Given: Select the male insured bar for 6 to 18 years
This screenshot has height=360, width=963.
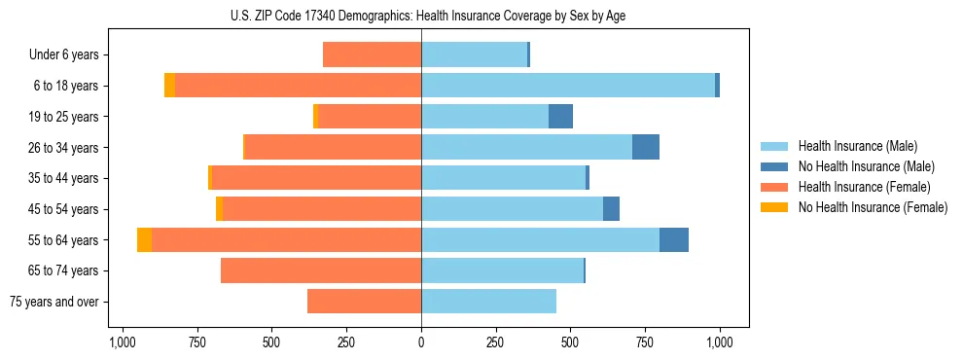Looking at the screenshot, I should click(568, 86).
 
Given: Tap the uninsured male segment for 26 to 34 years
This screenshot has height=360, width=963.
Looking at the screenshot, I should click(646, 148).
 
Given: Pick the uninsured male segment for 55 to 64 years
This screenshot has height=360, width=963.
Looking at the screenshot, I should click(674, 240).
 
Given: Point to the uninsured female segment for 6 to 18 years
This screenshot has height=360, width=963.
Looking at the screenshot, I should click(169, 86).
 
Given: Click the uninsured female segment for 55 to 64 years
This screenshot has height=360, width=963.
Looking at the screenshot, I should click(144, 240).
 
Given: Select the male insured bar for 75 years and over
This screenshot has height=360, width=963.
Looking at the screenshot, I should click(488, 302).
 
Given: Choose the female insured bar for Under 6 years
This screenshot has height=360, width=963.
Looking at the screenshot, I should click(372, 54).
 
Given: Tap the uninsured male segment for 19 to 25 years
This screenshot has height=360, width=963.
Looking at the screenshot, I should click(560, 117).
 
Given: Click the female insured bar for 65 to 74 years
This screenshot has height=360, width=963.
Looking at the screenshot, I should click(321, 270).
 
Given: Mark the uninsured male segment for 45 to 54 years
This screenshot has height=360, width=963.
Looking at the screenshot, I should click(611, 209).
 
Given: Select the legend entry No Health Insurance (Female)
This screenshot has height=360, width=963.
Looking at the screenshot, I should click(873, 207).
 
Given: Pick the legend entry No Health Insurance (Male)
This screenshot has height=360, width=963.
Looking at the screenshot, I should click(866, 166).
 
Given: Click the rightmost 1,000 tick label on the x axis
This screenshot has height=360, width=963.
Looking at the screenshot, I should click(720, 342).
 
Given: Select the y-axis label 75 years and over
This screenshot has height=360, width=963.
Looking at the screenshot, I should click(54, 302).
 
